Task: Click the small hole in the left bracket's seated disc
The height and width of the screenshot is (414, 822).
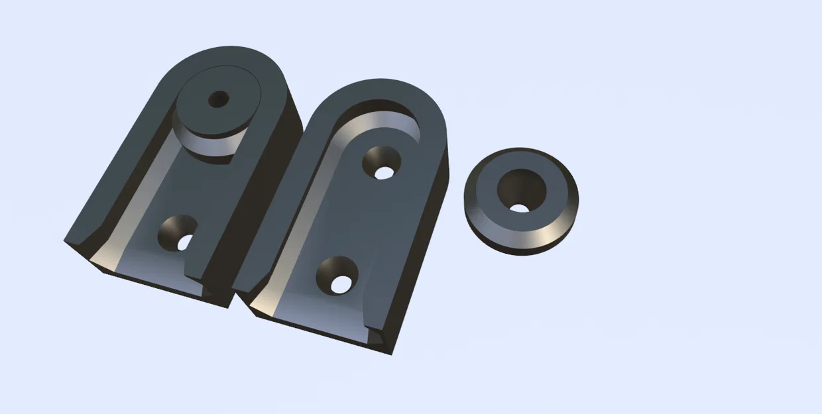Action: coord(218,99)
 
